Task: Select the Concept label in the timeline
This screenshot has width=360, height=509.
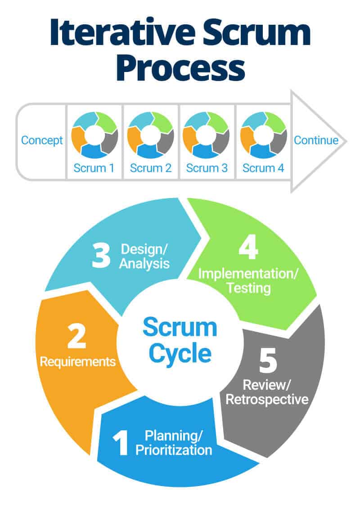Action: (42, 140)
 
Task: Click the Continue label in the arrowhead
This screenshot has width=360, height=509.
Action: (316, 140)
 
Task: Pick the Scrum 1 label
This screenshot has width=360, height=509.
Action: (94, 169)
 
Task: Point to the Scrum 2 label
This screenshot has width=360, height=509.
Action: (151, 169)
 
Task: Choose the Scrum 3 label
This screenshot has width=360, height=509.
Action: (207, 169)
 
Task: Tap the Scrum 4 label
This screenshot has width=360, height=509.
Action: (263, 169)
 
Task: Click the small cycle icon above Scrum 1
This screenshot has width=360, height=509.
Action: (94, 135)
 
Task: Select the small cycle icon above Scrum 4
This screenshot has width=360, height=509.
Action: (263, 135)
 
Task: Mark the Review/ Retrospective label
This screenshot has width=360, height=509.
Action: (266, 392)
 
